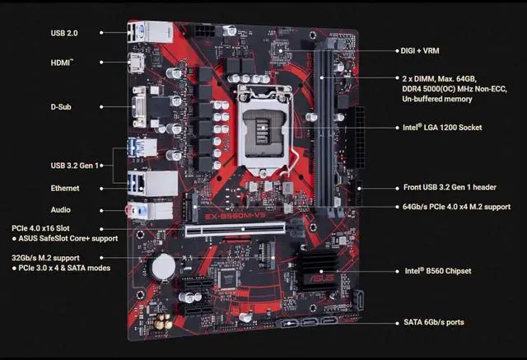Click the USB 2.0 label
pyautogui.click(x=63, y=33)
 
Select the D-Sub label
pyautogui.click(x=64, y=106)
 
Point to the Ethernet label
pyautogui.click(x=65, y=189)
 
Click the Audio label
pyautogui.click(x=60, y=210)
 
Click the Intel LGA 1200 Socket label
pyautogui.click(x=441, y=128)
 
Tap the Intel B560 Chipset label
pyautogui.click(x=437, y=270)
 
